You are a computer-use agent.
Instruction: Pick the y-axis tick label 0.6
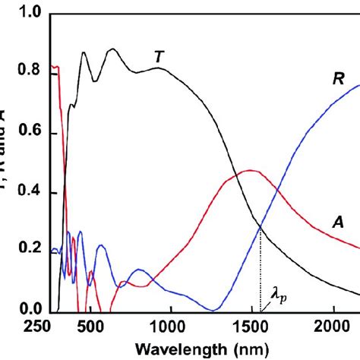[27, 134]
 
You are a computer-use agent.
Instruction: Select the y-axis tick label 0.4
[27, 193]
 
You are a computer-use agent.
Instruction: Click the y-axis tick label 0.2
[27, 252]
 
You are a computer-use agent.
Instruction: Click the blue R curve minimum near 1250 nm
[214, 309]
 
